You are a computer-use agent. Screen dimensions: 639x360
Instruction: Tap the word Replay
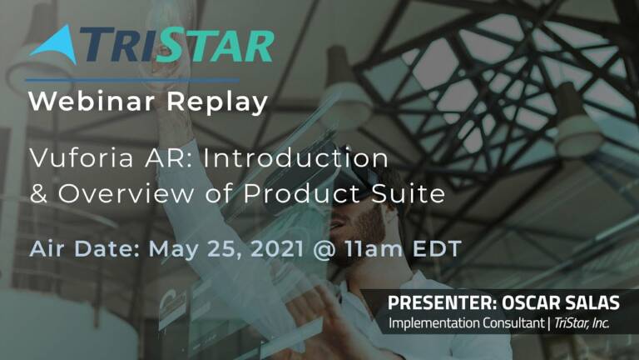[x=217, y=102]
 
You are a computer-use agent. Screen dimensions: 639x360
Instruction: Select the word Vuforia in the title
[x=81, y=158]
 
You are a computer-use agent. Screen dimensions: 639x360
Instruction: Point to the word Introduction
[x=296, y=158]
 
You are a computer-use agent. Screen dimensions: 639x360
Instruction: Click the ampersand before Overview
[x=39, y=193]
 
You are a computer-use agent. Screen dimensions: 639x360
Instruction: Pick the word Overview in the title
[x=126, y=193]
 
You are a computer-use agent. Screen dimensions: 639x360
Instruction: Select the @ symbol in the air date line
[x=324, y=249]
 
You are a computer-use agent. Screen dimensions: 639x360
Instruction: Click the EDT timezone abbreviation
[x=437, y=248]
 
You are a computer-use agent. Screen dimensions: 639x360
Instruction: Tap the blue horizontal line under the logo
[x=132, y=80]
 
